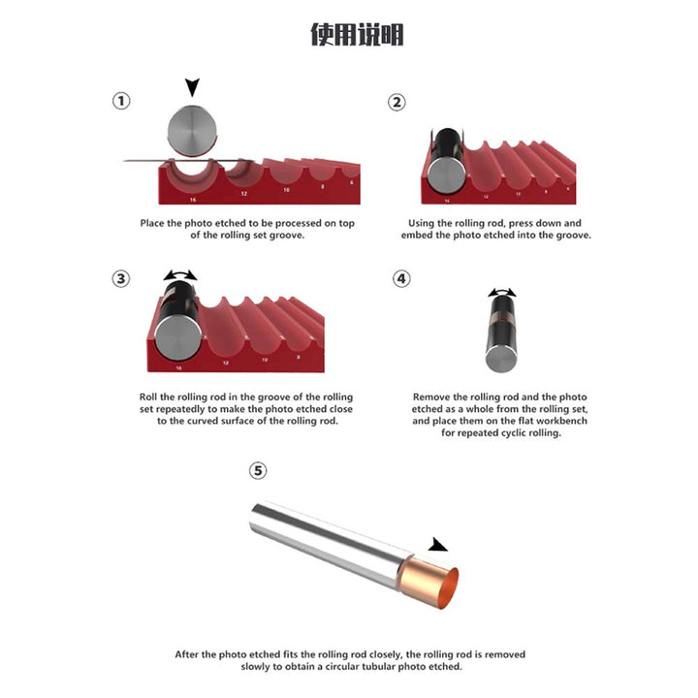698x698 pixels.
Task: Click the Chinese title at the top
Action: (x=357, y=35)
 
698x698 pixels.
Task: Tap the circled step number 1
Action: (x=121, y=101)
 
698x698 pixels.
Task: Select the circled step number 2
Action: (x=397, y=103)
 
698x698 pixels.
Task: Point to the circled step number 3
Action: (x=120, y=279)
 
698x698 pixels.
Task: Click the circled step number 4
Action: (x=401, y=278)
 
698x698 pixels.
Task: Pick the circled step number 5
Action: (x=258, y=470)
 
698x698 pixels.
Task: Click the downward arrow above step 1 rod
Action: (x=192, y=87)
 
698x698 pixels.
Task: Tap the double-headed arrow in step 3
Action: (x=180, y=274)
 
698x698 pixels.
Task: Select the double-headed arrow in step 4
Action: (x=502, y=292)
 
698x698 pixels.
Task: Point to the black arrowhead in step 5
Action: (x=437, y=545)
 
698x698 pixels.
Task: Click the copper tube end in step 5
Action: (x=429, y=583)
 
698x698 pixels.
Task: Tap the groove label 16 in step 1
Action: (x=193, y=200)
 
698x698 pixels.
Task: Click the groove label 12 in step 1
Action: (x=244, y=194)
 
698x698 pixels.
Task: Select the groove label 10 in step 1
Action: (x=286, y=190)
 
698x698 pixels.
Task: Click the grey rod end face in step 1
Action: (x=192, y=131)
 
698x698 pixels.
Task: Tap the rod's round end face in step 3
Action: (x=177, y=338)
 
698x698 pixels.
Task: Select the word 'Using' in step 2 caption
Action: (x=421, y=223)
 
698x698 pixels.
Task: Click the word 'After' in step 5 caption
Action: (x=186, y=654)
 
